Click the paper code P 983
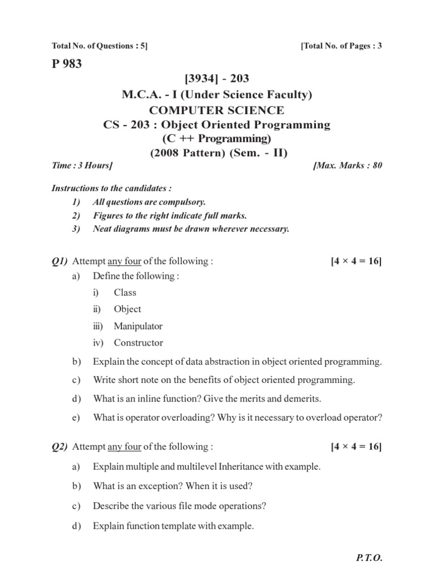66,64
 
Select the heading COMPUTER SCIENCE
217,110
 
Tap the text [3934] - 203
217,79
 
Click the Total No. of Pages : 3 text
342,46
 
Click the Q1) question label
59,261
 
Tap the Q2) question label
59,447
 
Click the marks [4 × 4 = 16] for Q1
356,261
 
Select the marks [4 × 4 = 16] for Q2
356,447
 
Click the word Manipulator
138,326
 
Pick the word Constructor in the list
138,343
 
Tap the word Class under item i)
125,293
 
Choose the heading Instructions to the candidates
111,188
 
